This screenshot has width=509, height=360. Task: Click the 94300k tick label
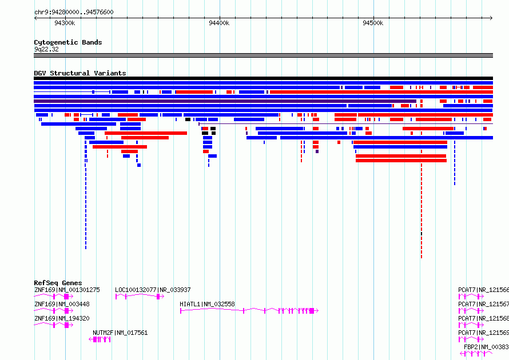[65, 23]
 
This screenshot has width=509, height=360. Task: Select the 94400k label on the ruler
[219, 23]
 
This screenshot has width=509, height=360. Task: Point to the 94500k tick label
[373, 23]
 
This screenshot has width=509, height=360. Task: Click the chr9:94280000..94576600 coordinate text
[74, 12]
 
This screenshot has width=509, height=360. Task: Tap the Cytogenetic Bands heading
[68, 42]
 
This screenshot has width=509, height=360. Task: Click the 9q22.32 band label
[46, 49]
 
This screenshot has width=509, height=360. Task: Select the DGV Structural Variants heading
[80, 73]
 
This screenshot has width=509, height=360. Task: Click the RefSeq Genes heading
[58, 283]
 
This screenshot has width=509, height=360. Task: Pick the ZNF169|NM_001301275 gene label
[67, 290]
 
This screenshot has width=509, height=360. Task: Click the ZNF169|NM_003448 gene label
[62, 304]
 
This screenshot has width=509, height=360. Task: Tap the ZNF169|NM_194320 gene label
[62, 318]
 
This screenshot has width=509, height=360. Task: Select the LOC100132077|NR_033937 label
[153, 290]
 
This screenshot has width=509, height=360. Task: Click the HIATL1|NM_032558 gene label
[207, 304]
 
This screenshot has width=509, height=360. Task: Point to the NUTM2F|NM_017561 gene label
[120, 333]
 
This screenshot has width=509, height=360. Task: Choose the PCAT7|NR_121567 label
[483, 304]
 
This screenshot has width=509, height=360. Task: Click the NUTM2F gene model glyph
[100, 339]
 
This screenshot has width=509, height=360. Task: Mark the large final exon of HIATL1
[312, 311]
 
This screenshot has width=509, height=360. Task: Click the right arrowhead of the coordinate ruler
[491, 18]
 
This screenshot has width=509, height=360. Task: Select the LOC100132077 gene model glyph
[140, 297]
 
